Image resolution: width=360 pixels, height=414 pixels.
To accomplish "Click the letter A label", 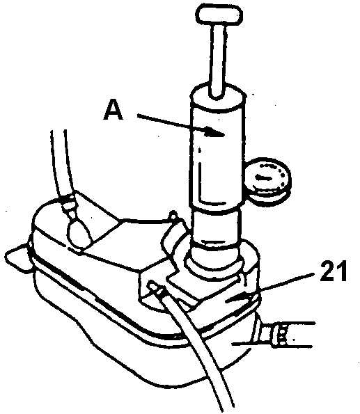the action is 114,111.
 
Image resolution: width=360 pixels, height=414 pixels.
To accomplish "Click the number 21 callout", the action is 333,271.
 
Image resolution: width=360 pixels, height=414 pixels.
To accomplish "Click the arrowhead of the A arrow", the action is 214,132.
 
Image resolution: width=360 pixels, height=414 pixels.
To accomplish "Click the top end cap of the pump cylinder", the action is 218,97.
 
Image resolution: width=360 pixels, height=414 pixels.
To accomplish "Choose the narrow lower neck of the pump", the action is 217,227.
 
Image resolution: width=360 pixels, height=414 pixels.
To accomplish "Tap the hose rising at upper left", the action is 61,164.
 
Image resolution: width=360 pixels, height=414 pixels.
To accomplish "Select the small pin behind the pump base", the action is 173,216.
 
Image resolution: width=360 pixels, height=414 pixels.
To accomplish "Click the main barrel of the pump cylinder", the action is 217,156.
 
